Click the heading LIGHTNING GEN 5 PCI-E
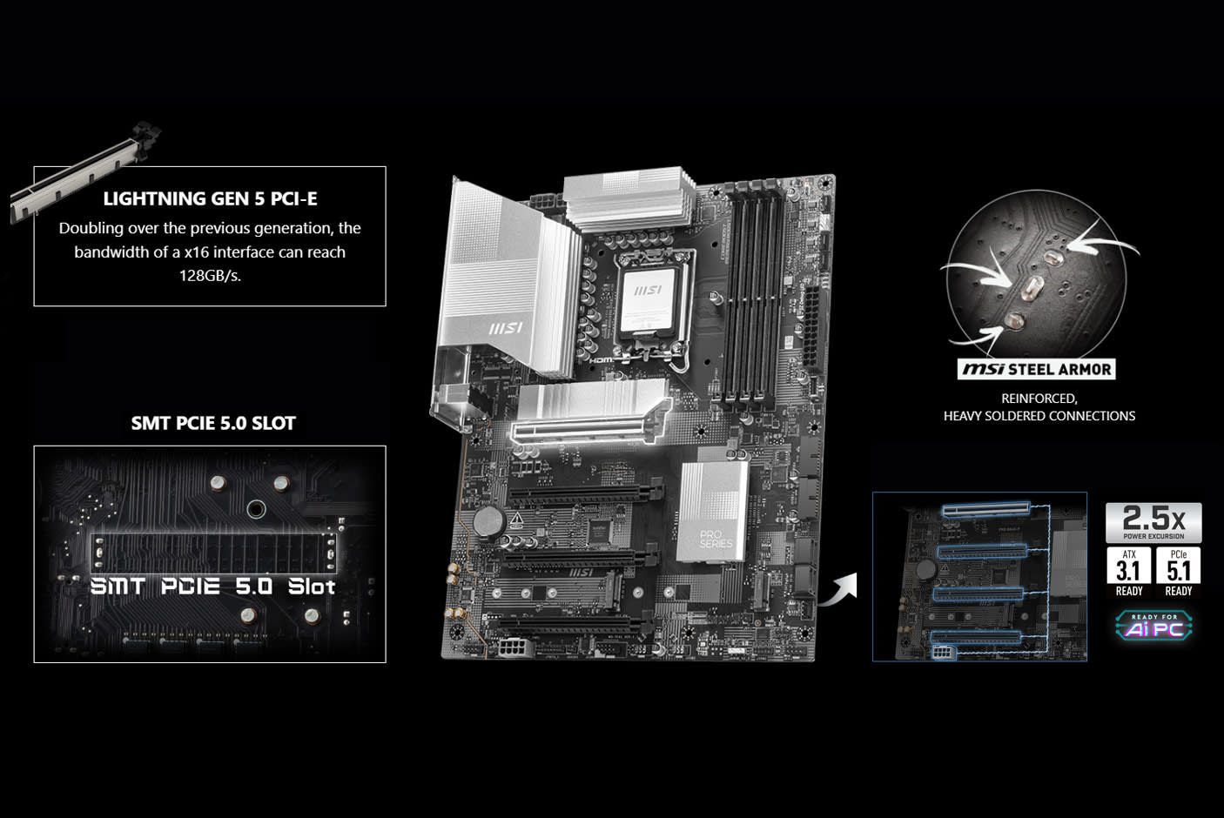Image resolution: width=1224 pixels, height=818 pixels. click(x=210, y=198)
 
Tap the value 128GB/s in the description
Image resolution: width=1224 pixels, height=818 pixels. click(x=210, y=276)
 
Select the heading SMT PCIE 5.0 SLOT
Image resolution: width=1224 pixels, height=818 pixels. click(x=213, y=423)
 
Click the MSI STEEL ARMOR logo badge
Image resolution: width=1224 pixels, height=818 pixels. click(x=1036, y=369)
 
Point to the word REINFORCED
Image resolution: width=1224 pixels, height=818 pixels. click(x=1039, y=398)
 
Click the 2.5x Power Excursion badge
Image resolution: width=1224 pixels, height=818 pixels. click(x=1153, y=522)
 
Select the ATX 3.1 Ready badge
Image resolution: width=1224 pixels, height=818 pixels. click(x=1129, y=572)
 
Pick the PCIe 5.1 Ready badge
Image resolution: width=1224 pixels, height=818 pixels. click(x=1179, y=572)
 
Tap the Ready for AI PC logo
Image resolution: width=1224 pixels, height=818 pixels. click(x=1153, y=625)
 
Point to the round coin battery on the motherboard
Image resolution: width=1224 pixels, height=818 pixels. click(x=490, y=521)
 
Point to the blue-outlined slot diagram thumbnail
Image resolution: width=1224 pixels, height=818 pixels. click(x=979, y=576)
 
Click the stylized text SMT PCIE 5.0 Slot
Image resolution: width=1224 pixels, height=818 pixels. click(x=213, y=586)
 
